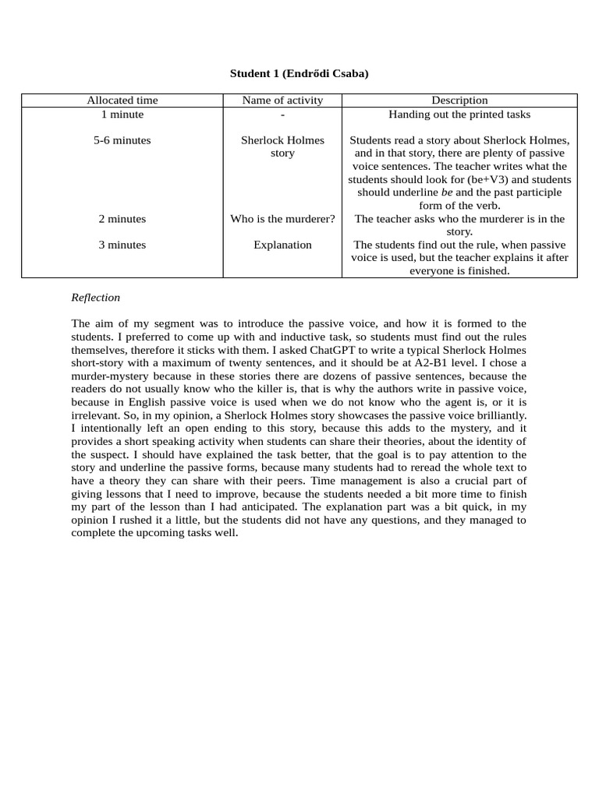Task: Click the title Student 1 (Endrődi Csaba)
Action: (x=299, y=73)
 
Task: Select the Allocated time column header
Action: (x=122, y=100)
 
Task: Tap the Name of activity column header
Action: (x=282, y=100)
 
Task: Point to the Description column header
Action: (x=459, y=100)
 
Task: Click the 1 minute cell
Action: (x=122, y=114)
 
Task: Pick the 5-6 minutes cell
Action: (x=122, y=140)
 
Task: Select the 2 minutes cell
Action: (x=122, y=219)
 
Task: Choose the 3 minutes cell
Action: (x=122, y=245)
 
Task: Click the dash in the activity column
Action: (x=282, y=115)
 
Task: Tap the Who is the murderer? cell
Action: (x=282, y=219)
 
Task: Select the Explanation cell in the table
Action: (x=282, y=245)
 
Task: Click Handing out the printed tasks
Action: (x=459, y=114)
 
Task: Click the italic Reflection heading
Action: (x=95, y=297)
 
